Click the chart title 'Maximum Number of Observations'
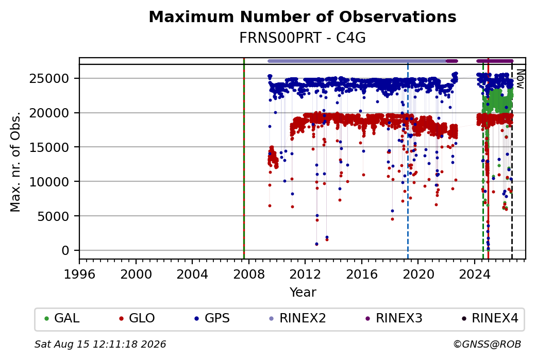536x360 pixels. pos(303,16)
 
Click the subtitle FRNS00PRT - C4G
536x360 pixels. pos(303,38)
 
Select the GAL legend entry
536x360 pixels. pos(62,318)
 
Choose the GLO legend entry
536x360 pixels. pos(137,318)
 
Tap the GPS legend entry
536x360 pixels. pos(212,318)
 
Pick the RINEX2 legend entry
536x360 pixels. pos(298,318)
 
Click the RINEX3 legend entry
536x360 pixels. pos(394,318)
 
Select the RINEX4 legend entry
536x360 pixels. pos(490,318)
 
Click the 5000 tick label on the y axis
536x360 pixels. pos(53,216)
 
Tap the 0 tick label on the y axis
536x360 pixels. pos(65,251)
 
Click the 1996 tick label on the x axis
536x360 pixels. pos(79,275)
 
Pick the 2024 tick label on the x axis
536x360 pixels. pos(475,275)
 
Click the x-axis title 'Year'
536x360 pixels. pos(303,293)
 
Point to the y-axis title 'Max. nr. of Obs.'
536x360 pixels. pos(15,162)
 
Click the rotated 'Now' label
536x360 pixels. pos(520,79)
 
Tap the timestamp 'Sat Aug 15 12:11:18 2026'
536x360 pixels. pos(100,344)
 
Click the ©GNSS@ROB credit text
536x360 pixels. pos(487,344)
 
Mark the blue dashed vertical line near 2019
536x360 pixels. pos(408,161)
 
